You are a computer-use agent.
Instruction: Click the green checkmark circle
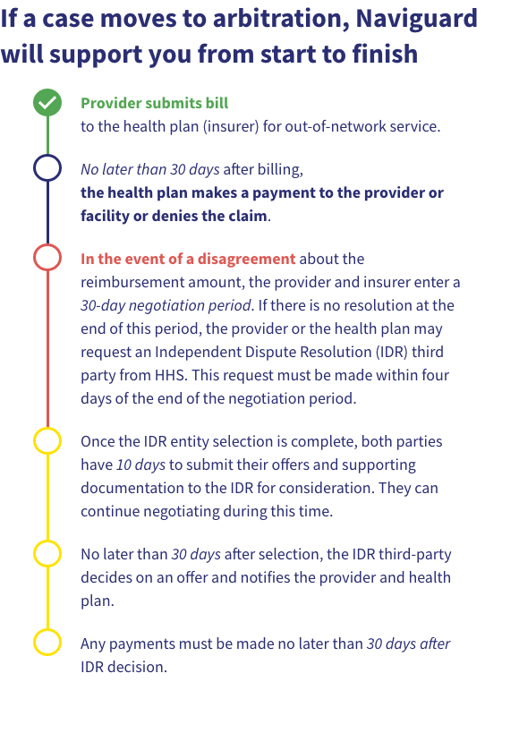47,103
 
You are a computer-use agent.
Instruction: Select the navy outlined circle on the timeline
47,168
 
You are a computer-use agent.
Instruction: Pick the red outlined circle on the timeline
47,258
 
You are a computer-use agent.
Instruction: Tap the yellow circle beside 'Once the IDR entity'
47,441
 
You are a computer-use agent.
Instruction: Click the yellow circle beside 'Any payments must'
47,643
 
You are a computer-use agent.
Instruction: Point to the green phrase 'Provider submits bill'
154,103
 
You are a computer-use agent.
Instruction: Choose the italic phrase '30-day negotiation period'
166,305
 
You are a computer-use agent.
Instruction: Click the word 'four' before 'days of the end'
434,375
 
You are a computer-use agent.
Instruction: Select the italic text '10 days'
141,465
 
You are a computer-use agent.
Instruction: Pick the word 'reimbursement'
127,282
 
